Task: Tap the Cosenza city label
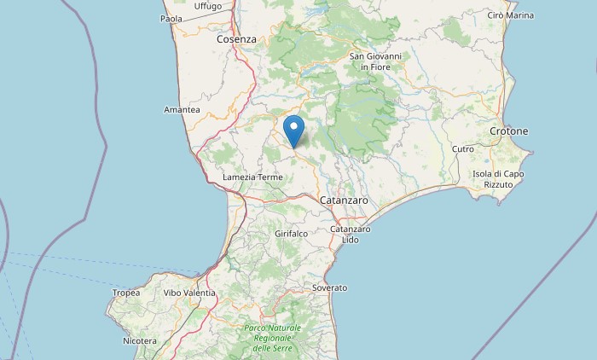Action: (x=236, y=39)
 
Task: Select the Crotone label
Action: (x=509, y=131)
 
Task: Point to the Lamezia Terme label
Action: (x=252, y=177)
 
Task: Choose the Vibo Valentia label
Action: (x=189, y=293)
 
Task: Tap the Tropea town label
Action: (x=126, y=293)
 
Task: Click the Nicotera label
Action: (x=139, y=341)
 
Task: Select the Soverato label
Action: (x=330, y=288)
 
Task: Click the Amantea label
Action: (x=182, y=110)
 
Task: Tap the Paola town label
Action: (x=171, y=18)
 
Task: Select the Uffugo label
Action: (x=208, y=6)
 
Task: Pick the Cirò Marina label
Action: (x=511, y=15)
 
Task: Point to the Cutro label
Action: (x=463, y=149)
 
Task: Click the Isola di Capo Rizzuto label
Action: (x=497, y=179)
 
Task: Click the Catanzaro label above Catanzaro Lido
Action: (x=344, y=200)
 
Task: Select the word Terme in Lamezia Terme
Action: (x=269, y=177)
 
